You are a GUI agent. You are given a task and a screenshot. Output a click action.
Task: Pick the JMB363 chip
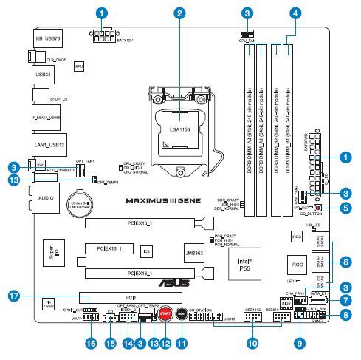196,254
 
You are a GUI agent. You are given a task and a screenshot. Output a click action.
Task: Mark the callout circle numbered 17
13,296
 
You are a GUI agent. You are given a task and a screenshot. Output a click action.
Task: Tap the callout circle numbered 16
91,344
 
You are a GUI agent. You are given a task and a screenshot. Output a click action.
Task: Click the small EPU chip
79,66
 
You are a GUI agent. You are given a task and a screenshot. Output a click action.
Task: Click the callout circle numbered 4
295,12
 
